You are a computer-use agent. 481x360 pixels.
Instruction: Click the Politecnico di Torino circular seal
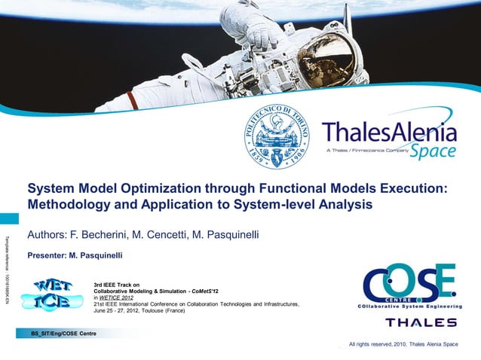click(x=280, y=136)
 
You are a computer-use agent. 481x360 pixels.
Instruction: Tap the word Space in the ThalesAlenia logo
click(x=433, y=151)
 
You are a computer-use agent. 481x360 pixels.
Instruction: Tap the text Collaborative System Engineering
click(x=410, y=306)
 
